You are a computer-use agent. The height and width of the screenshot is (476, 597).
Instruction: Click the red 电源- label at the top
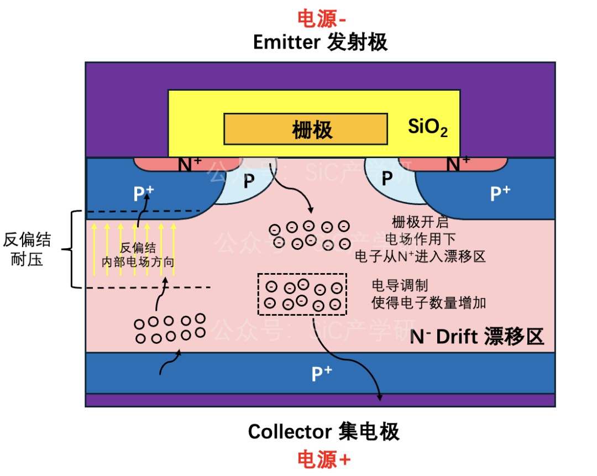[321, 19]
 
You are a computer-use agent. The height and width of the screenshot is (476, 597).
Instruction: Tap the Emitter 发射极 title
[320, 42]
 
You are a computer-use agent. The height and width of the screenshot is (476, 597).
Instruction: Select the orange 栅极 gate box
[306, 129]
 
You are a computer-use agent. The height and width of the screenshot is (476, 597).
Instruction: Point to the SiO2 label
[427, 127]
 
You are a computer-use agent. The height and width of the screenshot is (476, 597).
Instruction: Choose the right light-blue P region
[389, 181]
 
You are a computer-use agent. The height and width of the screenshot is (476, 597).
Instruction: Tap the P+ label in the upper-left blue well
[144, 193]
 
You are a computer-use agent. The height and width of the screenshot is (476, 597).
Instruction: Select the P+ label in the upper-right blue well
[500, 193]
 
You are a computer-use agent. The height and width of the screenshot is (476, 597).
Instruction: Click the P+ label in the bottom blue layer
[322, 374]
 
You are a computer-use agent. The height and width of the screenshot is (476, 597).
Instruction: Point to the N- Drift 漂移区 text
[476, 337]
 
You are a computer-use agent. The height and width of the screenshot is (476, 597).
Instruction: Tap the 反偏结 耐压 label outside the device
[27, 249]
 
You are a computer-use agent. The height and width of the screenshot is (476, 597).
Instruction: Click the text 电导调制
[400, 285]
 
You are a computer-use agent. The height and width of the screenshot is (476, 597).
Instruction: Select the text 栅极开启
[420, 222]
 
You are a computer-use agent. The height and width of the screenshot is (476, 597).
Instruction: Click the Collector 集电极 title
[323, 431]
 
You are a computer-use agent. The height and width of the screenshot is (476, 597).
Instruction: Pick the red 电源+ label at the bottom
[323, 459]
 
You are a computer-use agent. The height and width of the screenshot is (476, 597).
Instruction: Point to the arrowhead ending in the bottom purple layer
[380, 397]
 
